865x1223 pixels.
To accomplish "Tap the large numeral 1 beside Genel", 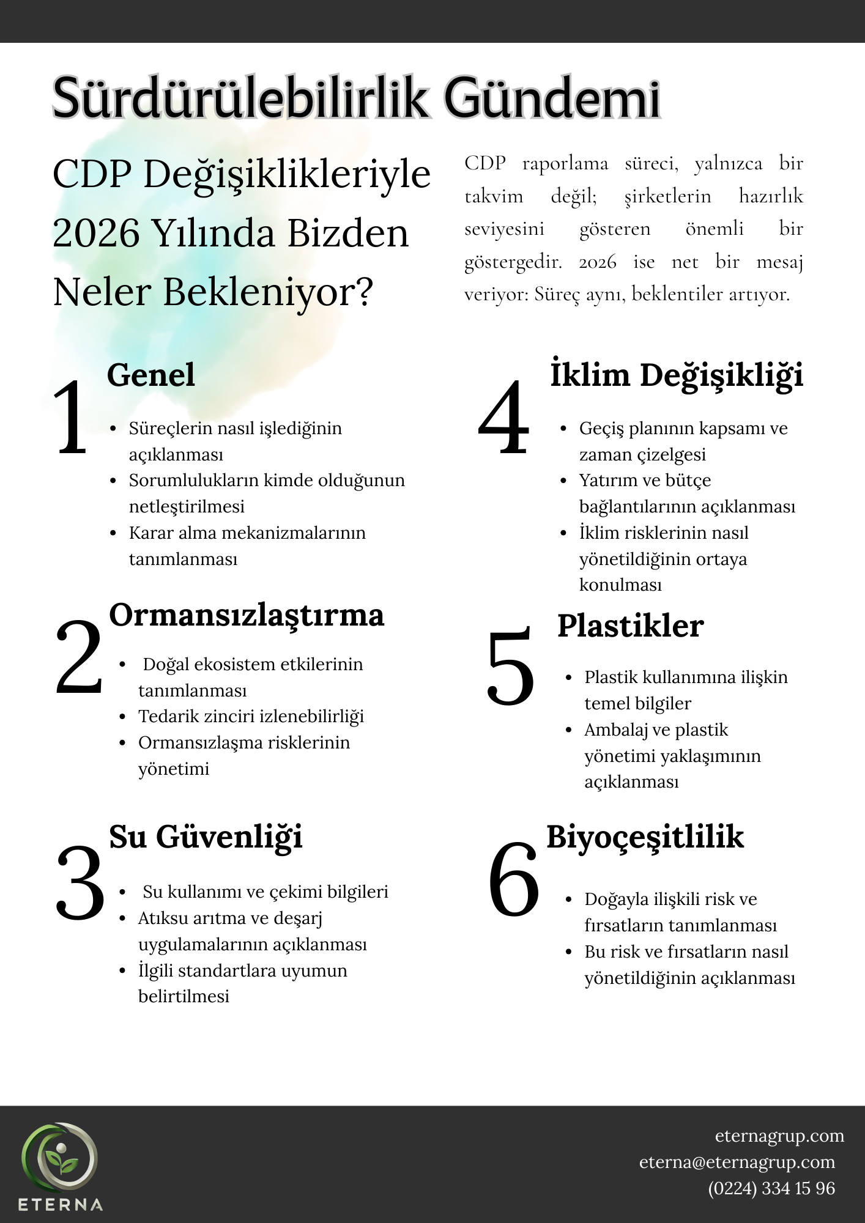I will coord(72,418).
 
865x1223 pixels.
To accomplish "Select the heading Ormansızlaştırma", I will coord(247,615).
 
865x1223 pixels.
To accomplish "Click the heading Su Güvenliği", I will coord(206,837).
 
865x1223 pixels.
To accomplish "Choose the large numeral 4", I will coord(503,418).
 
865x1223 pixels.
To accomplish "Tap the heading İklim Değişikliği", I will coord(677,375).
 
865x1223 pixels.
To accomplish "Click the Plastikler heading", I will coord(630,626).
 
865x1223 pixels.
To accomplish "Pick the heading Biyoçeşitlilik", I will coord(645,837).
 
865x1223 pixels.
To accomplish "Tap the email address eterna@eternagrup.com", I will coord(737,1162).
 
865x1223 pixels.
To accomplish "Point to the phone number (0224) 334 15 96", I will coord(771,1188).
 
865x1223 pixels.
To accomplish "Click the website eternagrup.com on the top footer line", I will coord(779,1136).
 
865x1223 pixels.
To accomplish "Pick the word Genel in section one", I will coord(150,375).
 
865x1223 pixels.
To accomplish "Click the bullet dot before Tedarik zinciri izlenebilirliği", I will coord(123,717).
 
